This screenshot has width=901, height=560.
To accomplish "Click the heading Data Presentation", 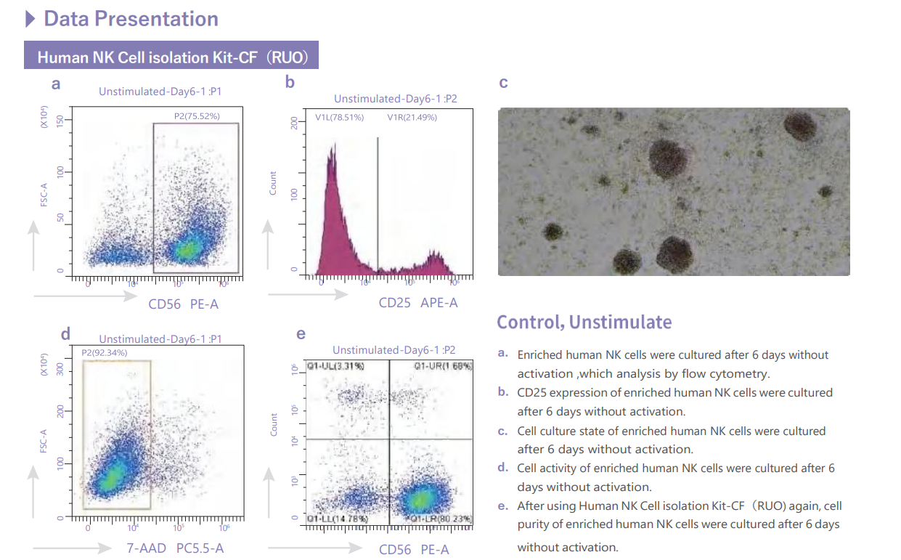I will click(131, 19).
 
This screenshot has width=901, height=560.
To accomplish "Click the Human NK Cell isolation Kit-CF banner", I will click(171, 57).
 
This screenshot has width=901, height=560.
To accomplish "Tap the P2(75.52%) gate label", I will click(196, 116).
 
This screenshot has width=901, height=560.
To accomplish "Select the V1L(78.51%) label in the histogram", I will click(339, 117).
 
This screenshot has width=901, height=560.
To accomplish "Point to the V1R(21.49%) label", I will click(412, 117).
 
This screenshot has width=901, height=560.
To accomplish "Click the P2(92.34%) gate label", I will click(104, 353).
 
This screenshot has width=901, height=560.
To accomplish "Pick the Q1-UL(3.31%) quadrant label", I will click(335, 365).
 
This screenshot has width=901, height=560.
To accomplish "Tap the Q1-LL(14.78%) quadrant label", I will click(337, 519).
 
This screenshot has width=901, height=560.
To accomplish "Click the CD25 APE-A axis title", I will click(418, 303).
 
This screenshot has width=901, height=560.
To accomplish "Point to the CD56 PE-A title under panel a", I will click(183, 304).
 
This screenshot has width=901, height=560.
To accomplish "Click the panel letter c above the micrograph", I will click(503, 83).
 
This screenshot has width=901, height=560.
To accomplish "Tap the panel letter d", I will click(65, 334).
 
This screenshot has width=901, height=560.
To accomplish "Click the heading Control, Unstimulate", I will click(584, 322).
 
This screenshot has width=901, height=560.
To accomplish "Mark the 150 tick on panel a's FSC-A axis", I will click(68, 120).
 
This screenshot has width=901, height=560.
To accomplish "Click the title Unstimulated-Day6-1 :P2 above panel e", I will click(394, 350).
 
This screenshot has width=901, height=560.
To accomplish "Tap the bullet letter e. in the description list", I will click(502, 506).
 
